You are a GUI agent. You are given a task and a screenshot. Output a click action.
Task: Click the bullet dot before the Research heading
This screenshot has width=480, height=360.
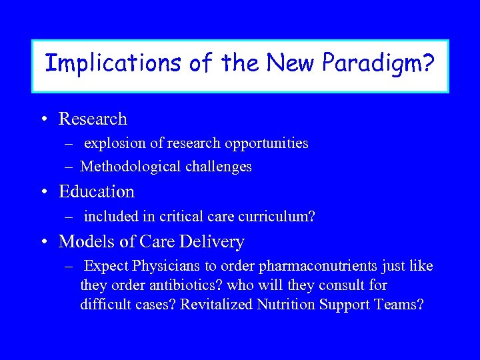[x=43, y=119]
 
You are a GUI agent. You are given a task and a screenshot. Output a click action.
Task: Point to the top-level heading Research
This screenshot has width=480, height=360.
[x=93, y=119]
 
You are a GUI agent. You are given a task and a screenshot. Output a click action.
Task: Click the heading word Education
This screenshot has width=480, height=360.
[x=97, y=192]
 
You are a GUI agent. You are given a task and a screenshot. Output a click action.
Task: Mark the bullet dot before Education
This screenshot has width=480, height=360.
[x=43, y=193]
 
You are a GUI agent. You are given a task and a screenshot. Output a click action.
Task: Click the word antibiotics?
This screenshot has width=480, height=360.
[x=175, y=285]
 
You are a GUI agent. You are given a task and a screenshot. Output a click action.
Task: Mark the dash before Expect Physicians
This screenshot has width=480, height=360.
[x=69, y=267]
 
